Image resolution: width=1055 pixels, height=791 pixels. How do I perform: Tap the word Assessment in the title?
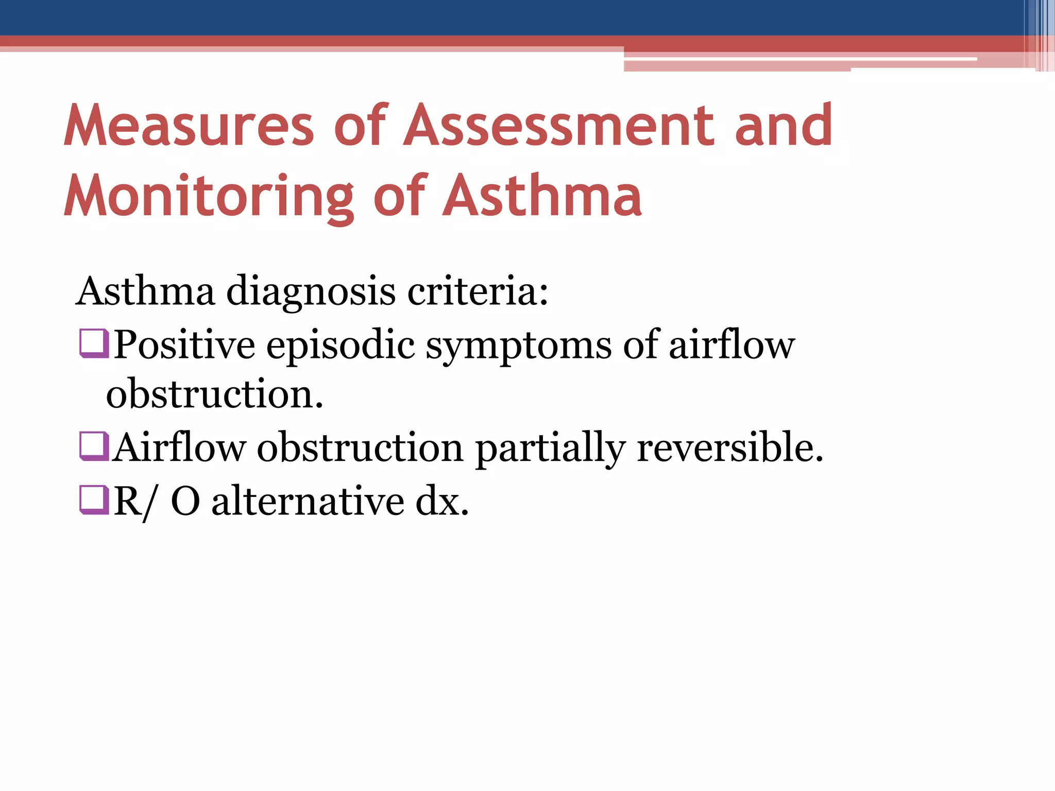[558, 126]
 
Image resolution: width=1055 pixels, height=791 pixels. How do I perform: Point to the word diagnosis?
[311, 293]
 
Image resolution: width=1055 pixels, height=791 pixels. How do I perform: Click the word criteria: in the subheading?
[478, 291]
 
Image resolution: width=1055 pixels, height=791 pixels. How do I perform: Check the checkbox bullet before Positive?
[94, 343]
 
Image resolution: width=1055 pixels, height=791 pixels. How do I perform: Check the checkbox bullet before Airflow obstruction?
[94, 446]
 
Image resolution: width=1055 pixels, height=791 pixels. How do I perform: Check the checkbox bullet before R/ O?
[94, 500]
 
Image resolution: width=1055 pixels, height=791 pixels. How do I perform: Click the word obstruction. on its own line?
[214, 394]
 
